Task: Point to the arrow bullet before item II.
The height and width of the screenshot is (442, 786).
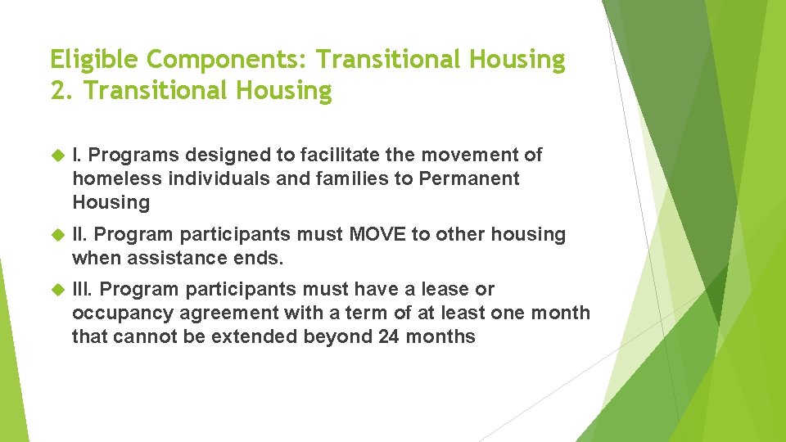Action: pos(57,235)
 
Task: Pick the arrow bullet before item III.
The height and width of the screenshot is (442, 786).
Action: pos(57,290)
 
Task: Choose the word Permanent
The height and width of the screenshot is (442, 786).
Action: pos(469,178)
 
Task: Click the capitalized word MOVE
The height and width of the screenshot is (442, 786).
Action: pos(378,234)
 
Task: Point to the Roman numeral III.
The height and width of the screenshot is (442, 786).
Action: pos(83,289)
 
